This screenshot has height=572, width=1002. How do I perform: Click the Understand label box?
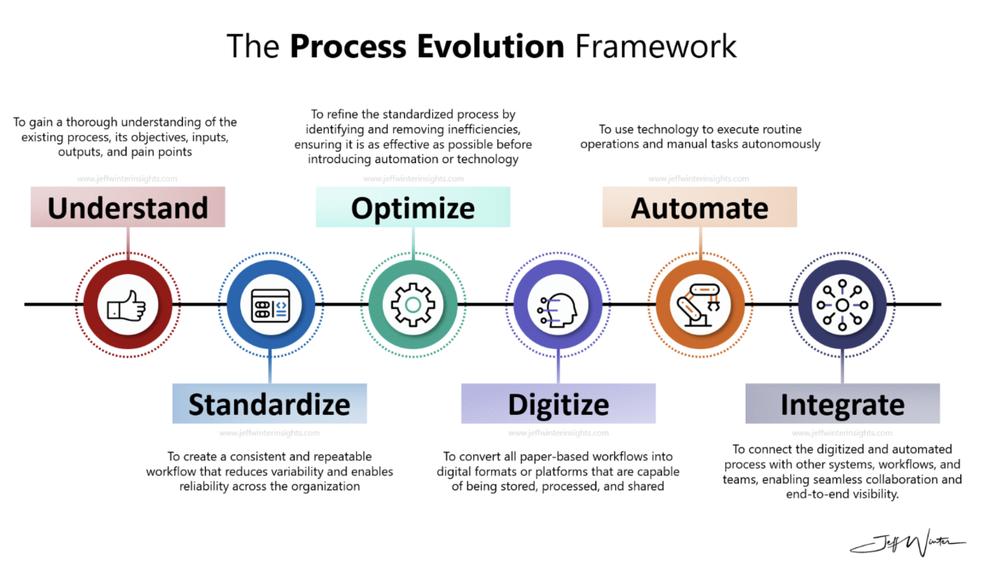[127, 207]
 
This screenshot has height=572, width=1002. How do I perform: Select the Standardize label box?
[269, 404]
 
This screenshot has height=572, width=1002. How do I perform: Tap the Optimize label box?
[413, 207]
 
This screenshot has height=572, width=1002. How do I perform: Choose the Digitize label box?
[558, 404]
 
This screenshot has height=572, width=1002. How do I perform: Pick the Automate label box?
[700, 207]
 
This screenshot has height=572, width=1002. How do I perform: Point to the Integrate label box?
[842, 404]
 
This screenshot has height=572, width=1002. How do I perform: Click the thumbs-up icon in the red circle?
[127, 305]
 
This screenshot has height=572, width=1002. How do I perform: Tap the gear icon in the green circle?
[413, 305]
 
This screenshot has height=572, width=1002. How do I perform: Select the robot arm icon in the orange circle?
[700, 305]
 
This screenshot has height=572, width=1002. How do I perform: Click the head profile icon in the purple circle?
[557, 305]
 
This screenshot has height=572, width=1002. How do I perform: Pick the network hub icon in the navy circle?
[842, 305]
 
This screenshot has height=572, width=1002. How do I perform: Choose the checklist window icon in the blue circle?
[270, 305]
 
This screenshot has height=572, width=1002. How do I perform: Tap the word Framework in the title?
[655, 45]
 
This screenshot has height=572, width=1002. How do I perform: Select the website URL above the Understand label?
[127, 179]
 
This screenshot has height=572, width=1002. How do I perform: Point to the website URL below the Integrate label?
[842, 433]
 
